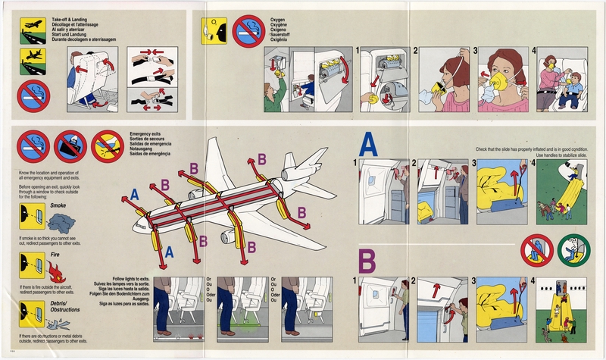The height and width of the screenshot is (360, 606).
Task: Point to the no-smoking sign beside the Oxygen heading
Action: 248,30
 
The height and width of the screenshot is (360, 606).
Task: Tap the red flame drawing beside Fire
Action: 56,271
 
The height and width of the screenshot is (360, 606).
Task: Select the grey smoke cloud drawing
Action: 61,221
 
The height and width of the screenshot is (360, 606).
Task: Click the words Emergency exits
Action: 149,133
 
